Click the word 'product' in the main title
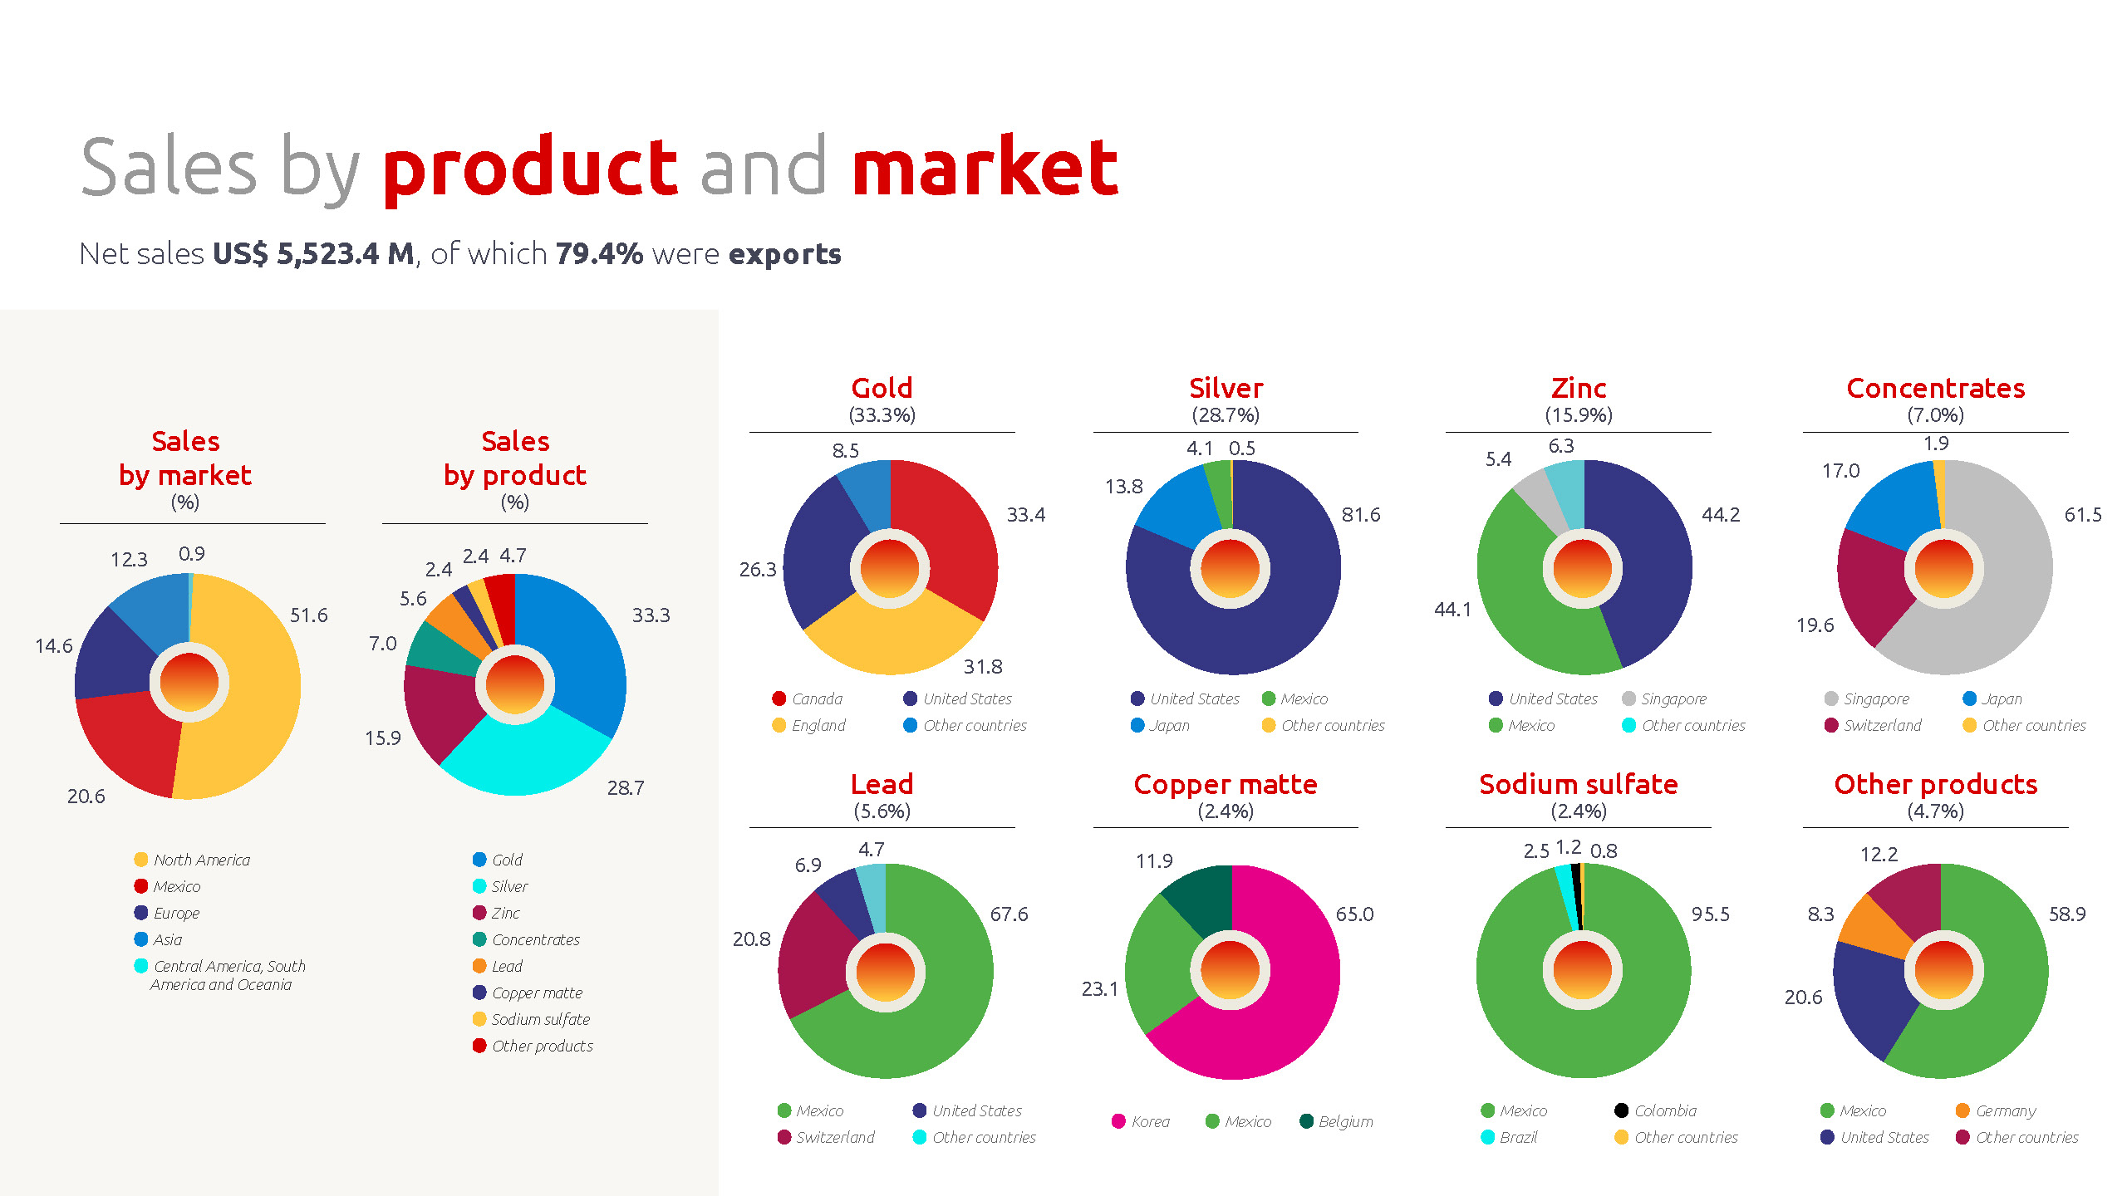coord(530,169)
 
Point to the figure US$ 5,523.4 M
coord(313,253)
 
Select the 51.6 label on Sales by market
coord(309,615)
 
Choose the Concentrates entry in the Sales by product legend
coord(526,939)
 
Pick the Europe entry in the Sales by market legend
coord(167,913)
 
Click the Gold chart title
coord(882,388)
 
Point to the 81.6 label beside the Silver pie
coord(1361,515)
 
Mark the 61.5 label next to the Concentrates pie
coord(2083,515)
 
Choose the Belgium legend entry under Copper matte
coord(1336,1121)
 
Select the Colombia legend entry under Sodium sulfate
coord(1656,1110)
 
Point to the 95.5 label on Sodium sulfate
coord(1711,914)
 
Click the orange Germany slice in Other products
coord(1874,926)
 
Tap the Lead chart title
coord(882,784)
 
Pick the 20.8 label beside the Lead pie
coord(751,939)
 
